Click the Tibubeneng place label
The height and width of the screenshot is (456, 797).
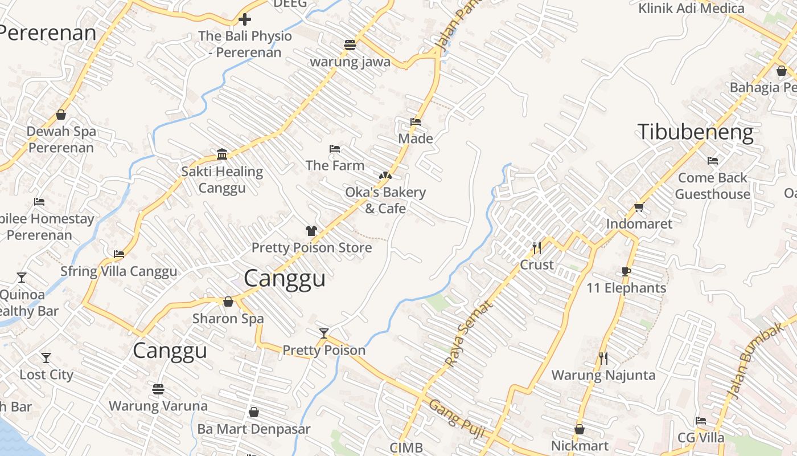coord(695,132)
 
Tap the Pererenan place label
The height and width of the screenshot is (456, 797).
coord(48,32)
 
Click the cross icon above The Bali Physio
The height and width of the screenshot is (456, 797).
coord(245,19)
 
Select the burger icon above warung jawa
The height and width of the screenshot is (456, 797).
coord(350,45)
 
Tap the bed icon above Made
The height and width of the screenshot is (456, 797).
coord(416,122)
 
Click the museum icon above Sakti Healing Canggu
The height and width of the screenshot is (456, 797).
coord(222,154)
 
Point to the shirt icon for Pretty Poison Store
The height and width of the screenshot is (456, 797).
coord(311,231)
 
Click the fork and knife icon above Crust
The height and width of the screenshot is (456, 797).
coord(536,248)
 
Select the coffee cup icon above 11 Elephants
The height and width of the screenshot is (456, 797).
coord(626,271)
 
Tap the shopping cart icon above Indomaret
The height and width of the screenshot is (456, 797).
coord(639,207)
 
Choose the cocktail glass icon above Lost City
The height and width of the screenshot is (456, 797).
coord(46,358)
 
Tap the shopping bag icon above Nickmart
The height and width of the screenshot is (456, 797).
coord(580,429)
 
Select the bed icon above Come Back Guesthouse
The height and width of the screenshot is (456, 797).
coord(712,161)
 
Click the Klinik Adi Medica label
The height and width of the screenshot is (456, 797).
coord(691,9)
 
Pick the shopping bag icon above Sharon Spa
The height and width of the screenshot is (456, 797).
coord(228,302)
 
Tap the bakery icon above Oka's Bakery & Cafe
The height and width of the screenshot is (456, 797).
coord(385,175)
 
